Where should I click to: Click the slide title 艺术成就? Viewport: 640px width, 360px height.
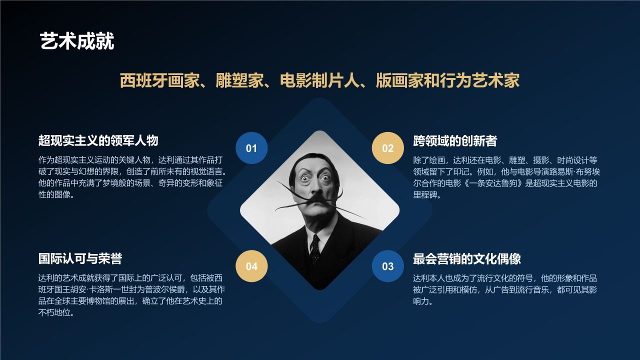pyautogui.click(x=77, y=41)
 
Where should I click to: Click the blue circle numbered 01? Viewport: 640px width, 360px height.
pyautogui.click(x=251, y=148)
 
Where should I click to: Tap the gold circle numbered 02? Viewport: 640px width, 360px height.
pyautogui.click(x=388, y=148)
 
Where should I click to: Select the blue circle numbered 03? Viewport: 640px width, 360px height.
pyautogui.click(x=388, y=266)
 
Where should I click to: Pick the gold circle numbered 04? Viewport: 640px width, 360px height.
pyautogui.click(x=251, y=266)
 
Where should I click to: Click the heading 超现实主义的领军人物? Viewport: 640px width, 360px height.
pyautogui.click(x=98, y=140)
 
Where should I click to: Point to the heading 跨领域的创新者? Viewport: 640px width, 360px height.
pyautogui.click(x=455, y=141)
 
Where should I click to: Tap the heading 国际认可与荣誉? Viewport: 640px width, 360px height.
pyautogui.click(x=80, y=258)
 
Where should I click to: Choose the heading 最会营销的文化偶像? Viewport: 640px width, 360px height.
pyautogui.click(x=467, y=258)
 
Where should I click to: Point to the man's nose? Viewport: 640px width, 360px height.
pyautogui.click(x=313, y=187)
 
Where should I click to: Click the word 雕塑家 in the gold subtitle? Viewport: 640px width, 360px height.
pyautogui.click(x=236, y=80)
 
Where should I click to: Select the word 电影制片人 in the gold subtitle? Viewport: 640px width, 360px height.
pyautogui.click(x=319, y=80)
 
